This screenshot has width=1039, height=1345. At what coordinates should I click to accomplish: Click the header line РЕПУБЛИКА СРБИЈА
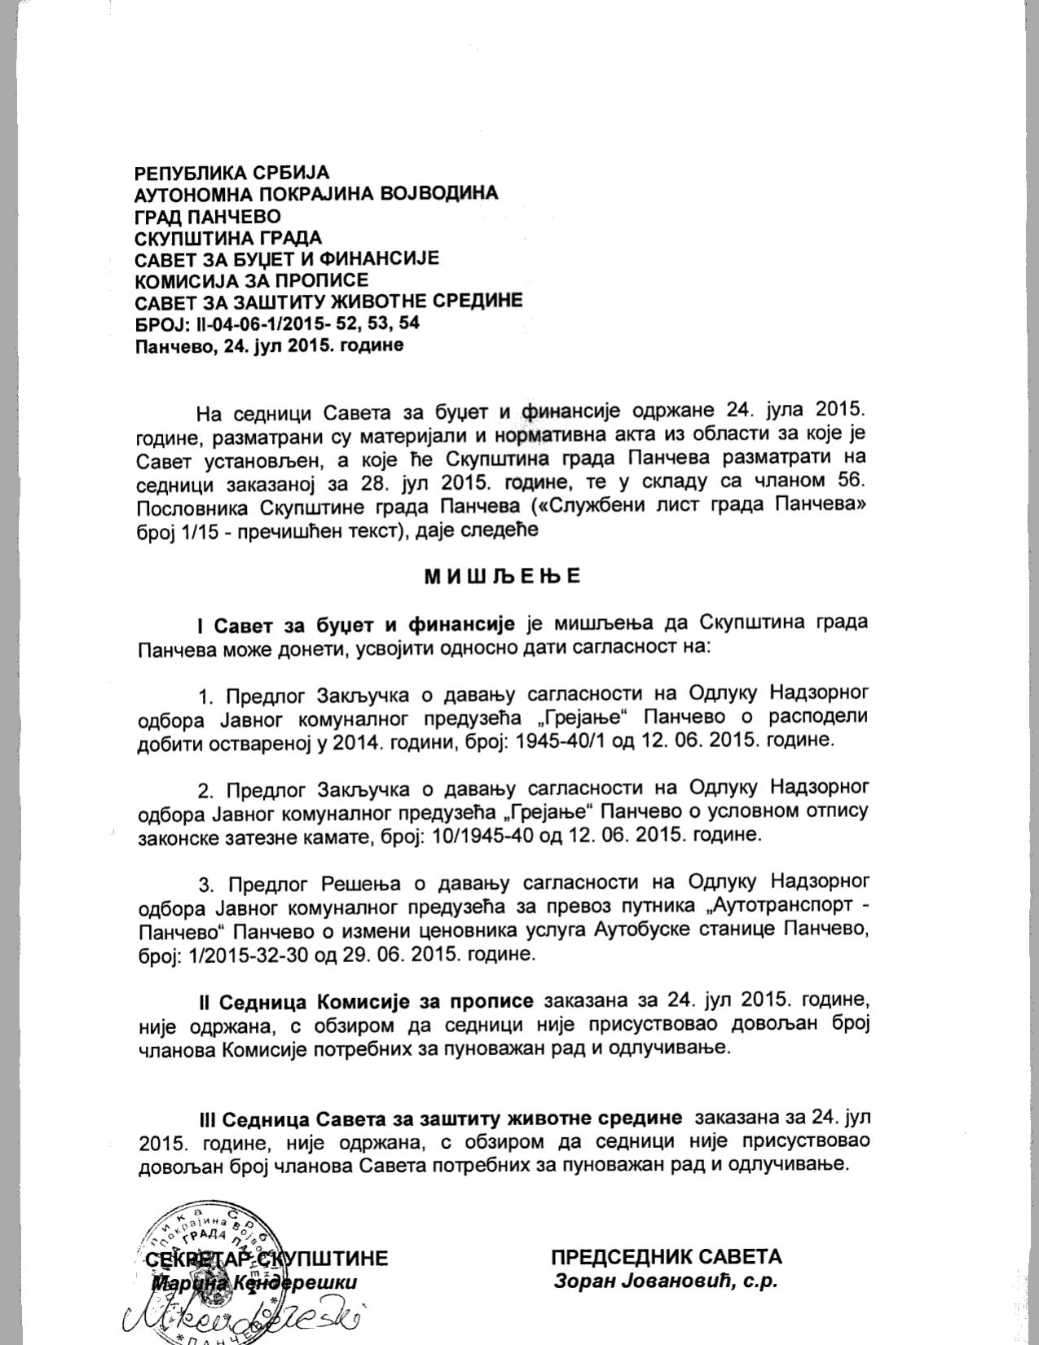coord(231,173)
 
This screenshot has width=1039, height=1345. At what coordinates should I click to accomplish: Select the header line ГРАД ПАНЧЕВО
coord(207,217)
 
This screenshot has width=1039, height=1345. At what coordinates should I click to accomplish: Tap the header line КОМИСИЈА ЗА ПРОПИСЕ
coord(251,280)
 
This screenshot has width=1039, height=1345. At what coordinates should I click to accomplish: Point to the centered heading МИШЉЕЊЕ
coord(502,576)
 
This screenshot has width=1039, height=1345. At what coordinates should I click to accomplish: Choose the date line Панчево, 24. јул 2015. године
coord(269,345)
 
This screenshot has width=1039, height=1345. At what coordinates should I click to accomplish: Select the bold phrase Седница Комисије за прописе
coord(378,1000)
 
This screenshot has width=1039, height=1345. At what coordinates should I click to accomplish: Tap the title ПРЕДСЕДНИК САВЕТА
coord(666,1257)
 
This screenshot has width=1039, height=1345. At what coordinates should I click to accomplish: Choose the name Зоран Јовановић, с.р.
coord(666,1281)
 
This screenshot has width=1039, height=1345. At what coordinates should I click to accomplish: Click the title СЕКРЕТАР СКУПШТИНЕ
coord(266,1259)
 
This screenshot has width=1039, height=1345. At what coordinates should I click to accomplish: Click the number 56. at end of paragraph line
coord(849,480)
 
